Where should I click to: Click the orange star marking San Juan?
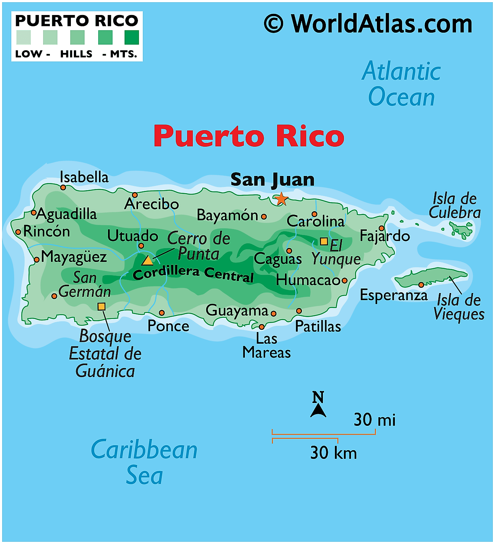coord(281,199)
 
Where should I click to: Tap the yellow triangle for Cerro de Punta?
coord(147,261)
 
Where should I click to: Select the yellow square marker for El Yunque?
coord(324,241)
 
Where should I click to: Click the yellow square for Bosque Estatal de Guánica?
coord(101,307)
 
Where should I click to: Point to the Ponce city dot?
coord(162,313)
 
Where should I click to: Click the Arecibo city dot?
coord(135,195)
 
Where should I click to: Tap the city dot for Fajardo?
coord(381,228)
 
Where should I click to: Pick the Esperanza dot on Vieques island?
coord(421,285)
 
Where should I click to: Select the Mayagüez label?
coord(74,257)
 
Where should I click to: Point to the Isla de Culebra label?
coord(454,205)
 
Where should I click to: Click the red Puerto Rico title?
coord(249,136)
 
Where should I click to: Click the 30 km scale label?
coord(333,453)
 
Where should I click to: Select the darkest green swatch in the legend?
coord(132,38)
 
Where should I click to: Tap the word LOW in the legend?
coord(28,54)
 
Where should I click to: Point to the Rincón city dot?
coord(18,232)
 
